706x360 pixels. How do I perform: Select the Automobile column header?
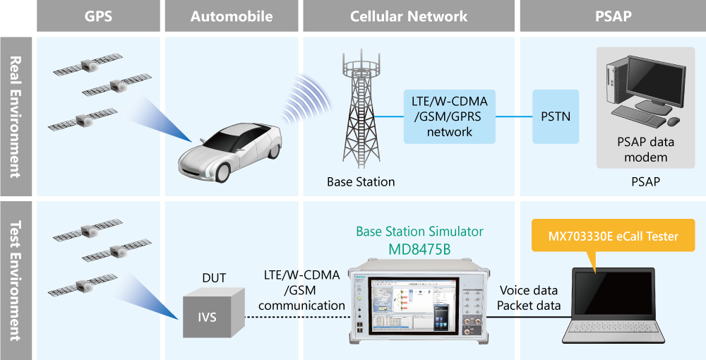232,16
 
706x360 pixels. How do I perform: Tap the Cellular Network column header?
409,16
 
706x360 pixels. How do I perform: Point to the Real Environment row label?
15,116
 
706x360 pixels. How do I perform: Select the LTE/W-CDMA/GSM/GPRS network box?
450,116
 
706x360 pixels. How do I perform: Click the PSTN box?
556,116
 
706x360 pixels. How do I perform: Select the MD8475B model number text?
419,249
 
